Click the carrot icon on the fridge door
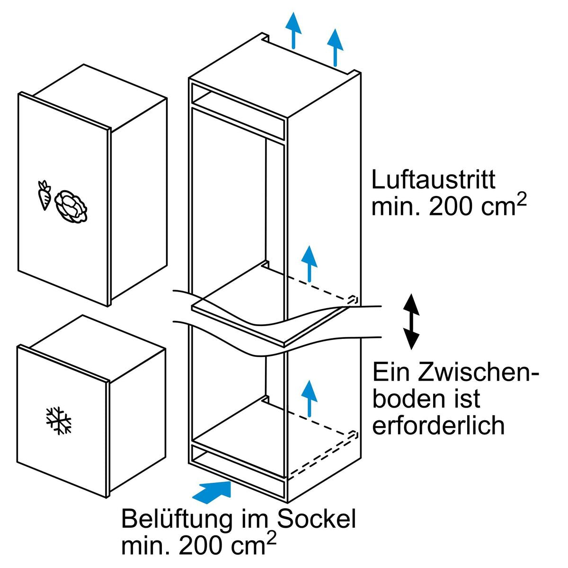(44, 195)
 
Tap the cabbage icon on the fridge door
(71, 206)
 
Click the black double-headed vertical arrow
(411, 321)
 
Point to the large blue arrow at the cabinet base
(212, 490)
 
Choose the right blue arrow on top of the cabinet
(335, 47)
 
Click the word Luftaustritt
(433, 180)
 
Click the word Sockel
(316, 519)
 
